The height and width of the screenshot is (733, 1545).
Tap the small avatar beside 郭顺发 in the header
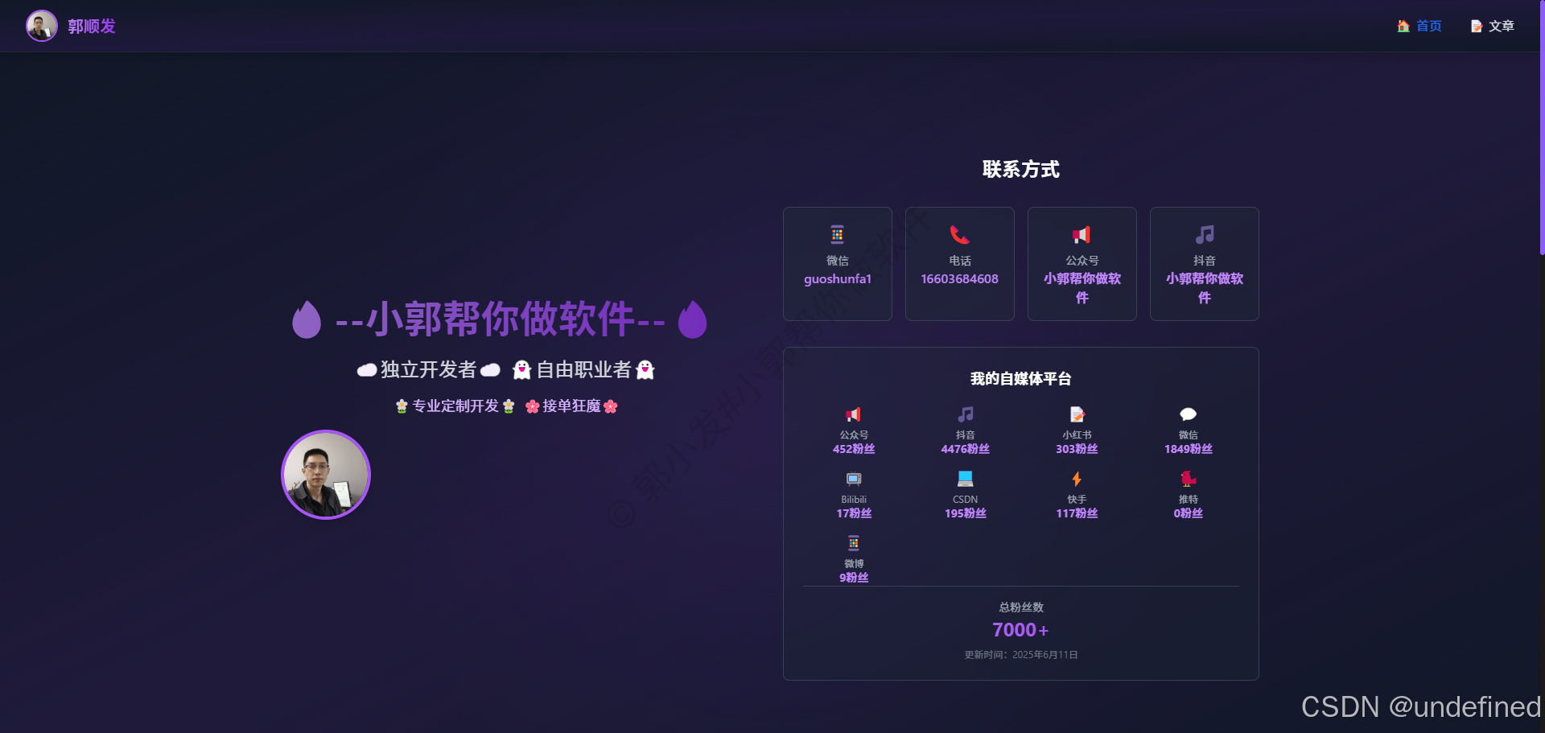point(41,26)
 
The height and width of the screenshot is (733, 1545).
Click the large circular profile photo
point(326,475)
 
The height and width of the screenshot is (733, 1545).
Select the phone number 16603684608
point(959,279)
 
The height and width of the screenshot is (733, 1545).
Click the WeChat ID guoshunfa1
point(837,279)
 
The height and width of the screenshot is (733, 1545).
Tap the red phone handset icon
point(959,235)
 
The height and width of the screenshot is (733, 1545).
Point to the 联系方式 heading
point(1020,169)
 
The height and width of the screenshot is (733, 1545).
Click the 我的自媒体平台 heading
point(1020,378)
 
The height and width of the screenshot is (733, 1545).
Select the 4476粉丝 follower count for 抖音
point(965,449)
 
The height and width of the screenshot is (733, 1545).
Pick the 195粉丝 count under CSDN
point(965,513)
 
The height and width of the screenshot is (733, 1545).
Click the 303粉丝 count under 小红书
point(1077,449)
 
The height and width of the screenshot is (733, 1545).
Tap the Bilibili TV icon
point(854,479)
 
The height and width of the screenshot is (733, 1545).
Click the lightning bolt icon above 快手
point(1077,479)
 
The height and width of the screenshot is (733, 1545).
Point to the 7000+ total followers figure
point(1020,629)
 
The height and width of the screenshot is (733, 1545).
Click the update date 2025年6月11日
point(1044,655)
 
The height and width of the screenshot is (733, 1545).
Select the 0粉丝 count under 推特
point(1188,513)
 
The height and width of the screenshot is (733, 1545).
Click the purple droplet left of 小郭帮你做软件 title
point(307,319)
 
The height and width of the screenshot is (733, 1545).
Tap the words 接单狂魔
point(571,406)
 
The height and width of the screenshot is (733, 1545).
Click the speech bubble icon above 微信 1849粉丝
point(1188,414)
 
